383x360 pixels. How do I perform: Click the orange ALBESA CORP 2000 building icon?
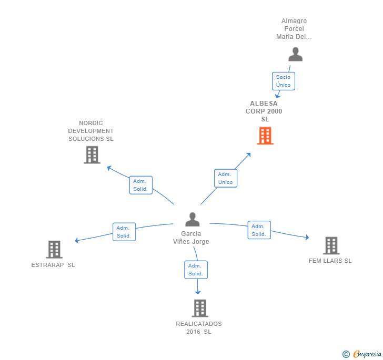(x=265, y=136)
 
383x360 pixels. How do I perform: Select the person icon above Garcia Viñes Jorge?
(x=193, y=219)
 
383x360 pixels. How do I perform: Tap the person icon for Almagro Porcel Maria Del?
(x=296, y=54)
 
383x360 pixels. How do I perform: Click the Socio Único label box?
(x=283, y=81)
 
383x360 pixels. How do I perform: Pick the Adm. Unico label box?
(x=225, y=178)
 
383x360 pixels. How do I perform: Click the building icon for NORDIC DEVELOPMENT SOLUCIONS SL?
(x=92, y=155)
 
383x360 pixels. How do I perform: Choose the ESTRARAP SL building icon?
(x=54, y=249)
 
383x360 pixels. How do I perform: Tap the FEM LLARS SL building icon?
(x=331, y=245)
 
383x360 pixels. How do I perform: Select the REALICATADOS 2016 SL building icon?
(x=199, y=308)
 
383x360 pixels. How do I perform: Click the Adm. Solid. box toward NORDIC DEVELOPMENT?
(x=140, y=185)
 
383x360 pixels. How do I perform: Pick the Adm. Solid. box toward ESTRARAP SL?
(x=124, y=232)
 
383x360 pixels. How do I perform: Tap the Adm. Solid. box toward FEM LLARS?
(x=259, y=230)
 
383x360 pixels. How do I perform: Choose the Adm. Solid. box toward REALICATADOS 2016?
(x=196, y=270)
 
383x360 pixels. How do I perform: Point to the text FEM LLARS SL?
(x=330, y=261)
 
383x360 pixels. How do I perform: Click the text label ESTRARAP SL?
(x=53, y=265)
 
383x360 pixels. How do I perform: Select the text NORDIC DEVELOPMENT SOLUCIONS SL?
(x=91, y=131)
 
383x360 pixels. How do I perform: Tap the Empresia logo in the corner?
(x=362, y=354)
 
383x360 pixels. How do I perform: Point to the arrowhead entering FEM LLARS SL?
(x=307, y=238)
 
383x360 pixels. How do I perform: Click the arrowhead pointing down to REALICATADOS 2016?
(x=198, y=292)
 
